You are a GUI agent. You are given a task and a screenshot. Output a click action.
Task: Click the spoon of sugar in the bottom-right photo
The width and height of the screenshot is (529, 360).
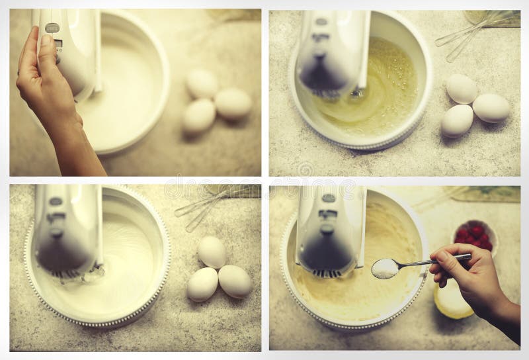point(385,267)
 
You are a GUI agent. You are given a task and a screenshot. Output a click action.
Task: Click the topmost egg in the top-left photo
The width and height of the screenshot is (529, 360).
point(202,83)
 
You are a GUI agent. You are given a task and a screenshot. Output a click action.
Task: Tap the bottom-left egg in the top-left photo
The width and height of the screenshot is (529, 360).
point(199,116)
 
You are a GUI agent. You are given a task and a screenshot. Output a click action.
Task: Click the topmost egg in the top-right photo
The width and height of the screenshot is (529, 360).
point(461,89)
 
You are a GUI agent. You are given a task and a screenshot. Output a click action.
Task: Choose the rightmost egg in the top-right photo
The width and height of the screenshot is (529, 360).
point(491,107)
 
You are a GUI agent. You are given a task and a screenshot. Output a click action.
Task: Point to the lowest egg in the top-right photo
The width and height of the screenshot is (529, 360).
point(457,120)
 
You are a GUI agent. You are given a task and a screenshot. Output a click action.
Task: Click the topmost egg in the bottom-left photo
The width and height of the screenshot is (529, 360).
point(212,252)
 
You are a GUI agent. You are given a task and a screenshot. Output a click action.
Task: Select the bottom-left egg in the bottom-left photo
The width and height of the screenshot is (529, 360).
point(202,284)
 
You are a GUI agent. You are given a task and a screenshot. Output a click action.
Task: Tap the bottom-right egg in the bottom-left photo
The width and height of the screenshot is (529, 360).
point(235,281)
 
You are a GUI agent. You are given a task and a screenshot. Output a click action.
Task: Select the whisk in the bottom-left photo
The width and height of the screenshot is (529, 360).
point(205,205)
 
